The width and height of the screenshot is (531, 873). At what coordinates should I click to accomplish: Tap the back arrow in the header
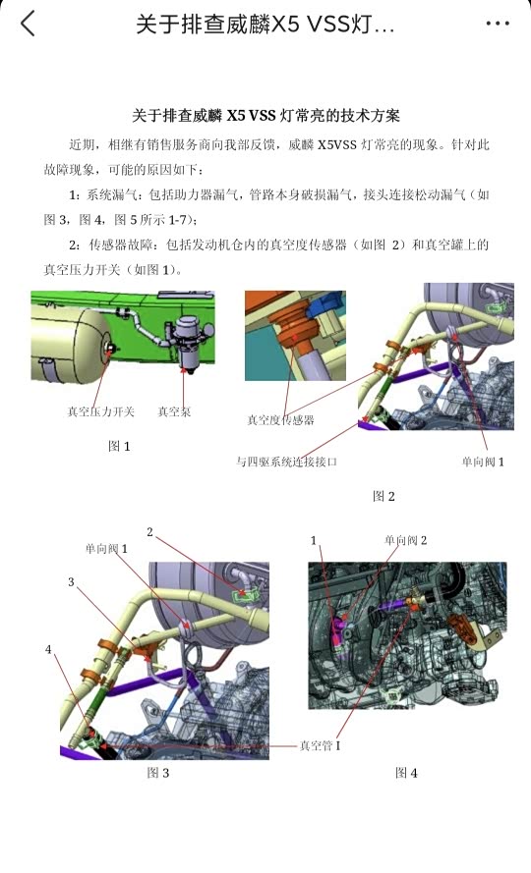28,24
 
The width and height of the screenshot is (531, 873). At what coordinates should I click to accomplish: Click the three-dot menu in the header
497,24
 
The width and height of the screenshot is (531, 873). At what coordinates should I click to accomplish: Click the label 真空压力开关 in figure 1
101,411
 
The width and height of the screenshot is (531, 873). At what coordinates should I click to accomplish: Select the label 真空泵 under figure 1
174,411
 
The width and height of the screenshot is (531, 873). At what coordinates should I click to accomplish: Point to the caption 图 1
119,446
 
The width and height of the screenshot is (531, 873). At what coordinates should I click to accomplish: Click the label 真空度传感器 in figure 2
280,419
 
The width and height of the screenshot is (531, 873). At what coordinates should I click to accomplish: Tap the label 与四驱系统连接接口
286,462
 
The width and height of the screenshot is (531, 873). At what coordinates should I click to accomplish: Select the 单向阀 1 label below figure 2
483,462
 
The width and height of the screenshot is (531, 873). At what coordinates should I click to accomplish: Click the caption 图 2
383,496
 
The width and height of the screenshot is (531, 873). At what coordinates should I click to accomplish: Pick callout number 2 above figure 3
149,532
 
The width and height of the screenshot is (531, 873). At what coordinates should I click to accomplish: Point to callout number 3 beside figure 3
71,582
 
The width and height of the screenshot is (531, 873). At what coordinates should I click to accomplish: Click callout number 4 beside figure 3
48,650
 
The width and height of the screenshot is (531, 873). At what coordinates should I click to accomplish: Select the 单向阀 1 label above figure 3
106,549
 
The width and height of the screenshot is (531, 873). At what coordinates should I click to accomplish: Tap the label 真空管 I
321,745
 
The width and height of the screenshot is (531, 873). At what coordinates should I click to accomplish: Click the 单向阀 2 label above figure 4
405,540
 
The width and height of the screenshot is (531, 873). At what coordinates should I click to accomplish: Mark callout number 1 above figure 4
314,541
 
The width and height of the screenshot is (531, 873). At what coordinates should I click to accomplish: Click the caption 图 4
406,773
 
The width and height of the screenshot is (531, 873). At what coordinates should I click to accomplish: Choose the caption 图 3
158,773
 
